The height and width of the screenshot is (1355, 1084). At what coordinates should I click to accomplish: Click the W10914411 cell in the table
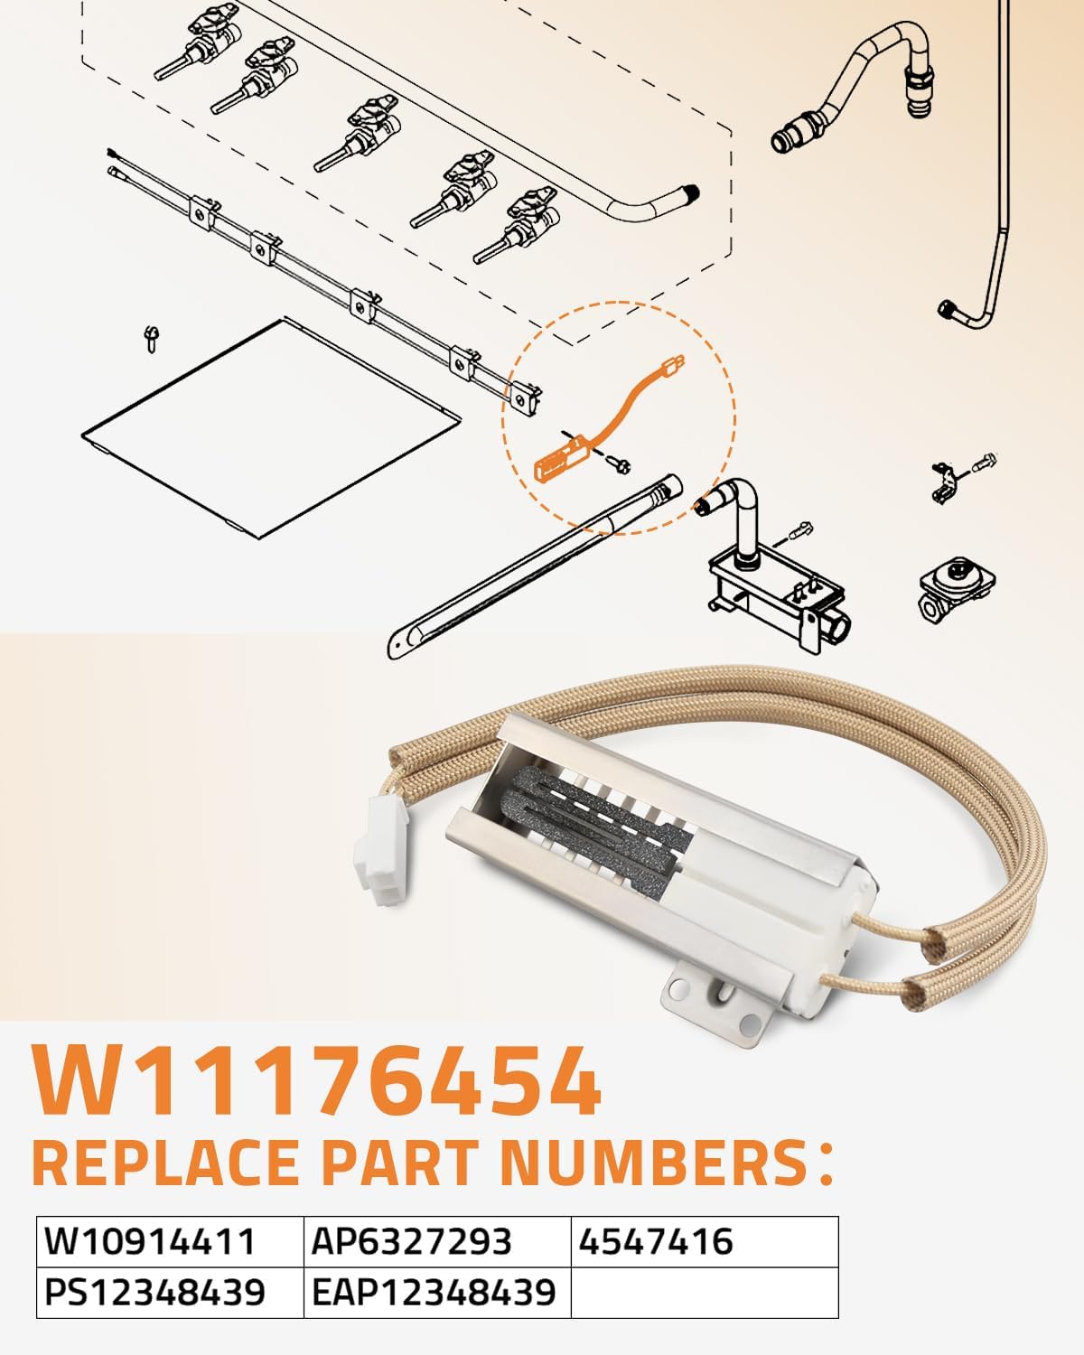point(151,1242)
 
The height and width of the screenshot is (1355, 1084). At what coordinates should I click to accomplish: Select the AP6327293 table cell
point(412,1242)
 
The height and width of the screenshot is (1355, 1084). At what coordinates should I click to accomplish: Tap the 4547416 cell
point(656,1242)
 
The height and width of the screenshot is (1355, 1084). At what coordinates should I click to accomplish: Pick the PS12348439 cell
point(155,1293)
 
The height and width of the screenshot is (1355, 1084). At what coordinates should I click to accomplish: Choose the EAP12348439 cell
point(434,1293)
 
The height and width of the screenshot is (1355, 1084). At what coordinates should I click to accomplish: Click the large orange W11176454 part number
point(316,1081)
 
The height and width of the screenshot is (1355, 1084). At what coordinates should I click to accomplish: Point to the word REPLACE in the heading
point(172,1163)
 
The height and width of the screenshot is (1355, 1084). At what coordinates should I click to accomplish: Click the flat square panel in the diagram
point(271,425)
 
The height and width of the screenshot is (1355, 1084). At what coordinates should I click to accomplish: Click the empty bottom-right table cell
point(705,1293)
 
